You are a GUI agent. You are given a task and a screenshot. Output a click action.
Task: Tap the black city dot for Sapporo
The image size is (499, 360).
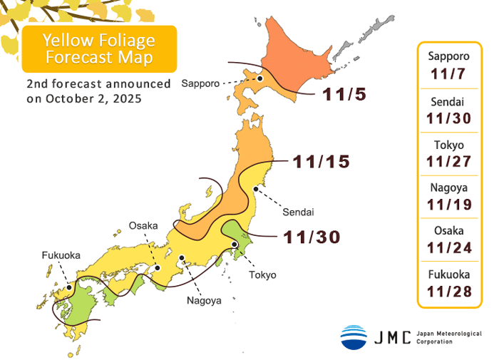coord(261,79)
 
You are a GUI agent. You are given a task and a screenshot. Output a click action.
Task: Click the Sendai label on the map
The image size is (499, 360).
coord(298,212)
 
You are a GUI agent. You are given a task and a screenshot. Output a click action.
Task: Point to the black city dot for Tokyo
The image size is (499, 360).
coord(235,245)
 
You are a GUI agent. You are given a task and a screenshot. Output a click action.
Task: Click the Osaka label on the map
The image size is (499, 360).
coord(143,225)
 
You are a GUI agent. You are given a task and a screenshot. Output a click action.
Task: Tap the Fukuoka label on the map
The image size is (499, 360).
coord(61,254)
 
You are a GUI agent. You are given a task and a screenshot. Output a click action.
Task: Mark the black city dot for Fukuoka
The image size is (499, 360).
coord(69,288)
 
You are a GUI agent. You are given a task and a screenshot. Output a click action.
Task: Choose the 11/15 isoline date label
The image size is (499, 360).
coord(321,162)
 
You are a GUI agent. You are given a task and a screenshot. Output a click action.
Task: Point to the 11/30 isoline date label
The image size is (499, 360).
coord(312,236)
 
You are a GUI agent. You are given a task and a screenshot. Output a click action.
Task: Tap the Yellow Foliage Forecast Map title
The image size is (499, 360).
coord(99,48)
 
